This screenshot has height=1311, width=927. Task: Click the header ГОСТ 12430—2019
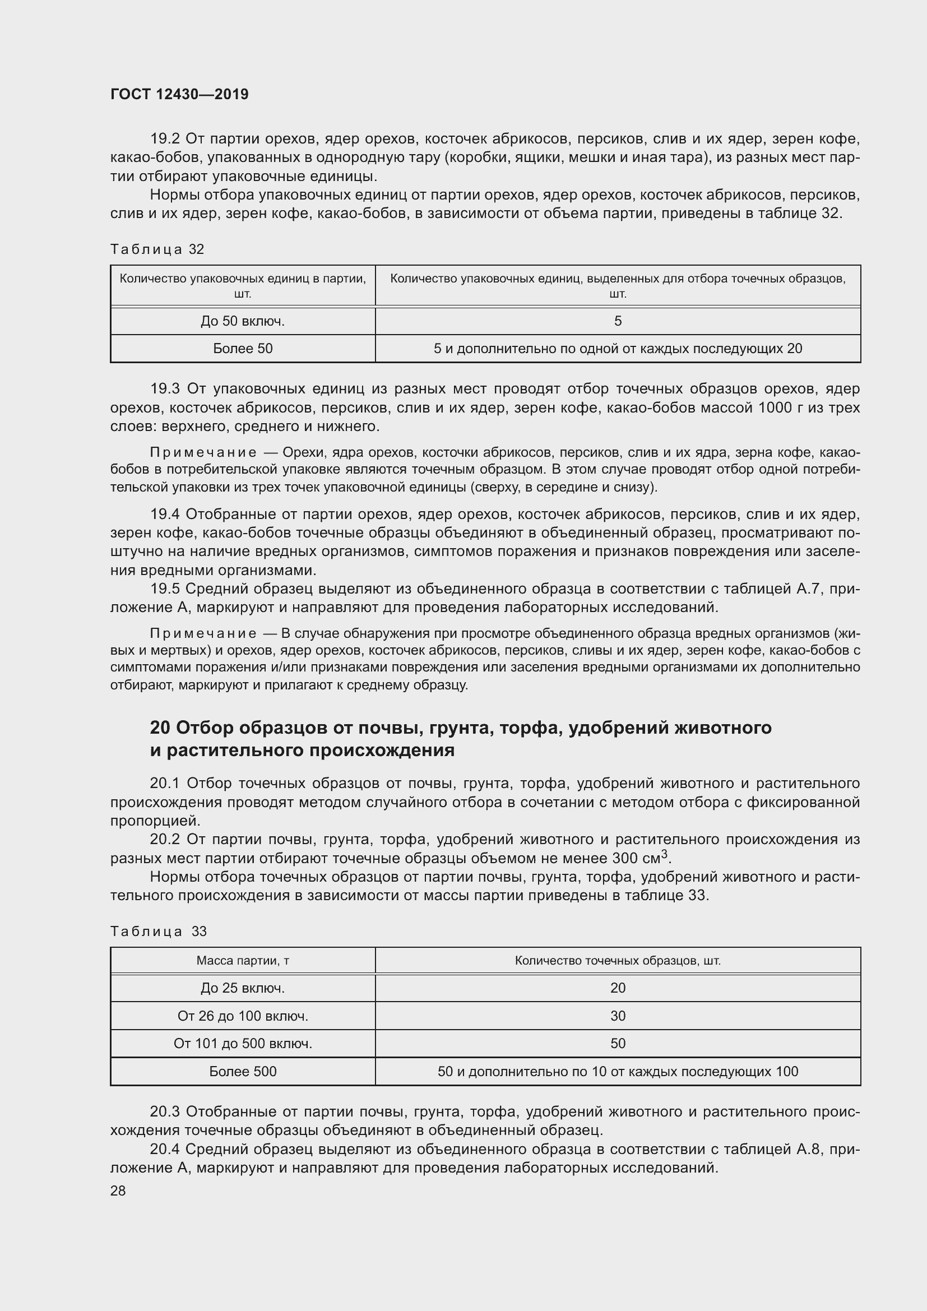179,95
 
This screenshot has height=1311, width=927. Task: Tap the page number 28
118,1191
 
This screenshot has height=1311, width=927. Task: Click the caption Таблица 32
157,249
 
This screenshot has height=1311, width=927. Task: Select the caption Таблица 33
158,932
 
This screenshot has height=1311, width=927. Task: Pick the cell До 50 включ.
243,322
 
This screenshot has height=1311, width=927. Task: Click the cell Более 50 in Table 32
243,348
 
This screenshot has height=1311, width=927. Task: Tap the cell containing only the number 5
618,322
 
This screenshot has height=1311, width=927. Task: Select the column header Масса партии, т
243,961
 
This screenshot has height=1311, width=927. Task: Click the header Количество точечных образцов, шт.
618,961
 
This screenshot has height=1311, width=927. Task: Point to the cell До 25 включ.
243,988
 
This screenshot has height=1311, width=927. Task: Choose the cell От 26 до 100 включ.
243,1016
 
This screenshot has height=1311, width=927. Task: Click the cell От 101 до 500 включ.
243,1044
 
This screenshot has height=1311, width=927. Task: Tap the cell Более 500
243,1072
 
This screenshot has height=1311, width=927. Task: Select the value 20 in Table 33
618,988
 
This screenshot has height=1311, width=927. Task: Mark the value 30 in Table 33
618,1016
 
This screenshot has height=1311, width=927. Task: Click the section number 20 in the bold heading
160,728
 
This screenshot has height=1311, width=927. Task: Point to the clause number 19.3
165,390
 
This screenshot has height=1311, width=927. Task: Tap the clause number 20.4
165,1150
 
